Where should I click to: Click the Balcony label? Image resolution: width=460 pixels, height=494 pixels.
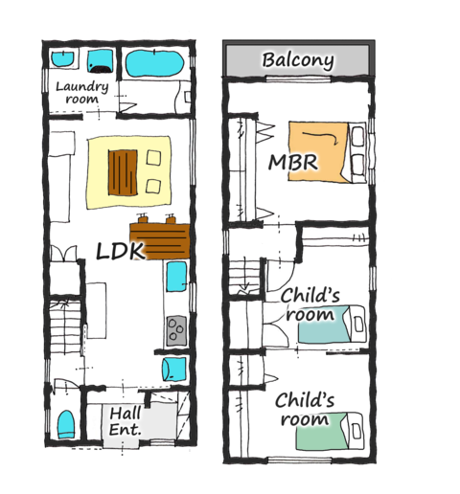[x=298, y=60]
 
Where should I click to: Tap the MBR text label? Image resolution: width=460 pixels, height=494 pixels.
[x=293, y=162]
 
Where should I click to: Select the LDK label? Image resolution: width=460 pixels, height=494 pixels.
[x=120, y=251]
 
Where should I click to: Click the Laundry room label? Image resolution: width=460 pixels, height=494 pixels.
[x=82, y=93]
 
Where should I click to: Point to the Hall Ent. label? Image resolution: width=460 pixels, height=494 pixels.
[x=125, y=421]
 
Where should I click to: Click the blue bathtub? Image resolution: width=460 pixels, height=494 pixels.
[x=154, y=63]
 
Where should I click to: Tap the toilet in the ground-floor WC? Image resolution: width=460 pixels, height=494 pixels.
[x=66, y=424]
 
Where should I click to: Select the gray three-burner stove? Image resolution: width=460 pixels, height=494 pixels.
[x=176, y=330]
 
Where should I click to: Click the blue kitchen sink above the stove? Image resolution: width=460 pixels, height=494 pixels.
[x=176, y=277]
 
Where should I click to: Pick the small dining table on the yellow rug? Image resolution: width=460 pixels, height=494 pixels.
[x=123, y=172]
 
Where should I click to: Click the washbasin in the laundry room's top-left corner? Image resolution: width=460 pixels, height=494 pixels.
[x=63, y=58]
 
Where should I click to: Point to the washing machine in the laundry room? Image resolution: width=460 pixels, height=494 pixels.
[x=101, y=61]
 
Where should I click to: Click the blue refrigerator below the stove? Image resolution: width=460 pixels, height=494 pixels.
[x=174, y=369]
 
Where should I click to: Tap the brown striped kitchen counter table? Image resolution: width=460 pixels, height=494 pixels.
[x=160, y=241]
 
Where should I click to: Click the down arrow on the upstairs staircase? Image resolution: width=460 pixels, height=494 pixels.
[x=245, y=275]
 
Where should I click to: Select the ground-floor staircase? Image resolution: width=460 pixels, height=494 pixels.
[x=65, y=327]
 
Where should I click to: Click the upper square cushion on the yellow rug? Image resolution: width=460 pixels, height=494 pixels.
[x=153, y=158]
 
